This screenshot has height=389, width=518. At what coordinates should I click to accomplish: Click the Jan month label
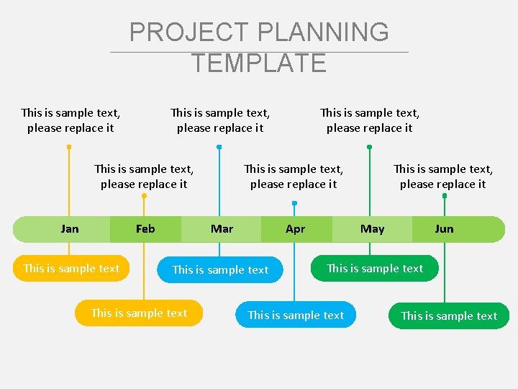(x=70, y=229)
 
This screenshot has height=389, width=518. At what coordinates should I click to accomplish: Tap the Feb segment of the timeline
(x=145, y=229)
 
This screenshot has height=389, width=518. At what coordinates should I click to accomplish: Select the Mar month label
(x=222, y=229)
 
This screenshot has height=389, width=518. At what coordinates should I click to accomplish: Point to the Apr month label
(x=295, y=229)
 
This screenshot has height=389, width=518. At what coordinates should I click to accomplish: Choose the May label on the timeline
(x=372, y=229)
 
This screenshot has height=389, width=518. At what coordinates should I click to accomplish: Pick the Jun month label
(x=444, y=229)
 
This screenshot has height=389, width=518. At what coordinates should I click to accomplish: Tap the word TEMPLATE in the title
(x=259, y=63)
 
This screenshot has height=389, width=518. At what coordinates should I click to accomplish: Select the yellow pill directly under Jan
(x=71, y=268)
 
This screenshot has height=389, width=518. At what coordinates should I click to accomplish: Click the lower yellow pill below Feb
(x=139, y=313)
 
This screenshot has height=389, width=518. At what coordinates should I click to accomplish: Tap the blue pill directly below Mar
(x=220, y=269)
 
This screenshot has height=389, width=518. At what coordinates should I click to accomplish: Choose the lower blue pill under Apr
(x=296, y=315)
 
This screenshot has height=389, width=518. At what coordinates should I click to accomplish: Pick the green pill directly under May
(x=375, y=268)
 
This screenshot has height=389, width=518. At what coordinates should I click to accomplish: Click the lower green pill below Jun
(x=449, y=316)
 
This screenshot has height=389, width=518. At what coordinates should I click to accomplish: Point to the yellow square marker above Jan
(x=69, y=147)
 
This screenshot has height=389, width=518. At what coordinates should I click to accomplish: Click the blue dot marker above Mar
(x=219, y=147)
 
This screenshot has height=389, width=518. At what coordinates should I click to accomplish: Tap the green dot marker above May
(x=369, y=147)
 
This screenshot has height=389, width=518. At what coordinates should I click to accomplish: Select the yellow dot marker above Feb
(x=144, y=195)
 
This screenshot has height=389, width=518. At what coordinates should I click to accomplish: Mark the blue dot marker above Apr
(x=294, y=203)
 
